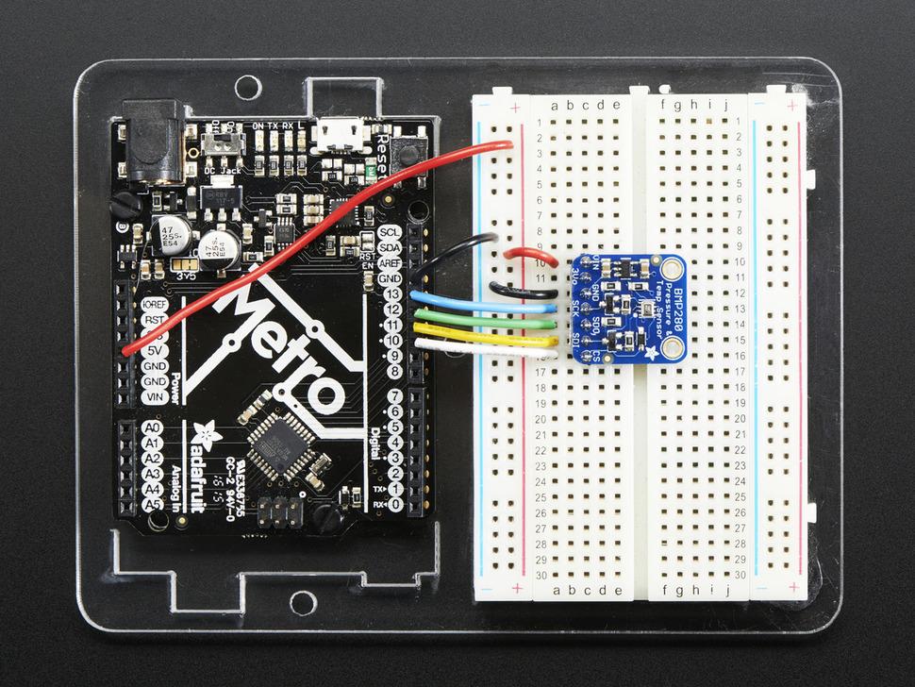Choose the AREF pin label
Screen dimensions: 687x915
coord(389,263)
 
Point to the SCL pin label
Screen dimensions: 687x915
coord(389,233)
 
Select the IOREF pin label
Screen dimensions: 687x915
coord(152,305)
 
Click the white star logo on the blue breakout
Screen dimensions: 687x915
coord(652,352)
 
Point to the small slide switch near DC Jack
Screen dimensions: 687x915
coord(223,146)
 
